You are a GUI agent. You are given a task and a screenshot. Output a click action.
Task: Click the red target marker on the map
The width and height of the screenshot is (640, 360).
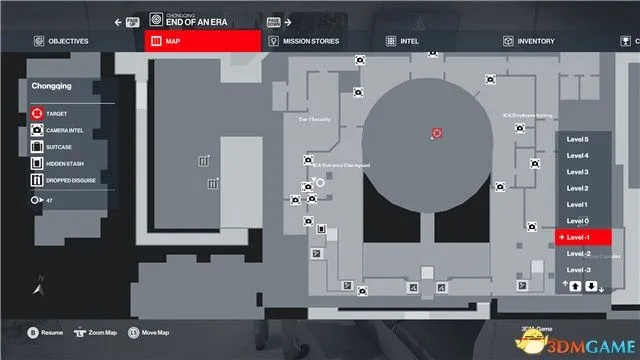point(436,133)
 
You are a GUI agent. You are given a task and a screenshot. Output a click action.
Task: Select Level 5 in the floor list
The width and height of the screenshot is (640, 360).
point(578,140)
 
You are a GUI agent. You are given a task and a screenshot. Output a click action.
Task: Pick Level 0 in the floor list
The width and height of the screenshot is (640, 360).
point(578,221)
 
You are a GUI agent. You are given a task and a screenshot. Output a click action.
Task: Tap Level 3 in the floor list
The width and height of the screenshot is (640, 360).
point(578,172)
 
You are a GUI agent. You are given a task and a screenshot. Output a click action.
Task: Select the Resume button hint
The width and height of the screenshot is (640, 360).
point(46,331)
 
